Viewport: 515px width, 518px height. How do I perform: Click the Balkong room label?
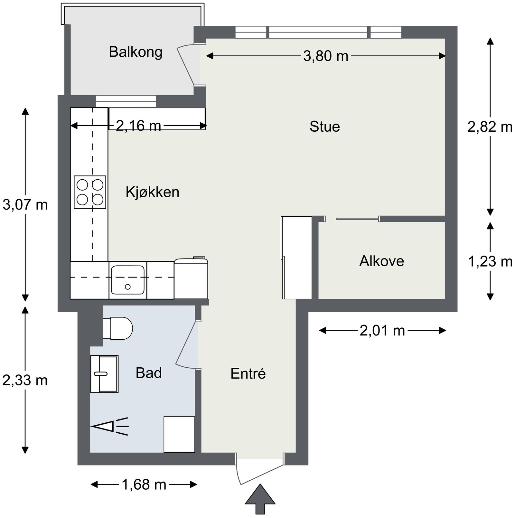tap(136, 52)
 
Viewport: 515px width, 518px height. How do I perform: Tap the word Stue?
tap(324, 127)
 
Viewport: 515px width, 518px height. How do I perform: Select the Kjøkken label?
tap(152, 192)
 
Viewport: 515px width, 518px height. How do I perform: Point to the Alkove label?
tap(381, 261)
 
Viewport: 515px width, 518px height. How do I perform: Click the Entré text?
tap(248, 373)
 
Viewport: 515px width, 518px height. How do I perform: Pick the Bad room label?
tap(148, 373)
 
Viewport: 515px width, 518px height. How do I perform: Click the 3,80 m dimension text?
tap(326, 56)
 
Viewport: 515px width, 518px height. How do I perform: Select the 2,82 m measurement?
tap(490, 127)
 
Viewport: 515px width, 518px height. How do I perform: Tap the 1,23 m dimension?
tap(490, 262)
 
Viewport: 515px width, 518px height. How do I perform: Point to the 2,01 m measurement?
tap(382, 331)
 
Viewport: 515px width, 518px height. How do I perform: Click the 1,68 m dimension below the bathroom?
tap(144, 485)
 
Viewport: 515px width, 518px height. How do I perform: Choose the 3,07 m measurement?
tap(25, 205)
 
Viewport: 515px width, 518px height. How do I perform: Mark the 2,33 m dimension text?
tap(25, 381)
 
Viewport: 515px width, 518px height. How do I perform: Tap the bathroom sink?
tap(104, 374)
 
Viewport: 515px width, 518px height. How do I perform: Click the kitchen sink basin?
tap(128, 280)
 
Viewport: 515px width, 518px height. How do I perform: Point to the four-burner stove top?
tap(90, 192)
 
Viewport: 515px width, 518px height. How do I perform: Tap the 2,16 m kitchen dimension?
tap(138, 126)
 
